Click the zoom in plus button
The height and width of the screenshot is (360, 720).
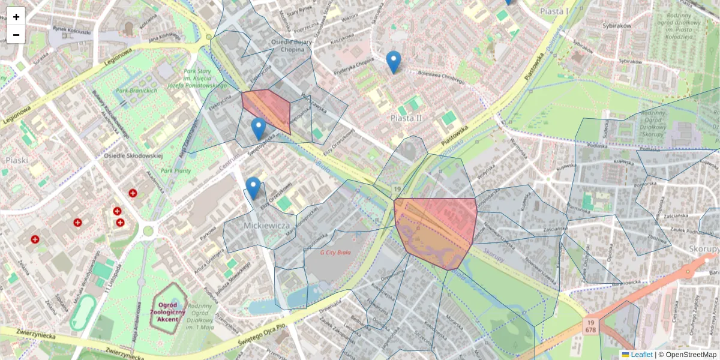(x=16, y=16)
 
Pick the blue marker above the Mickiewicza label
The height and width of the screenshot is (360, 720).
(x=253, y=188)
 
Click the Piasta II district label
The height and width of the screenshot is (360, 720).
(x=405, y=118)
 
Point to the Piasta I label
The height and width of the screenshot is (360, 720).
(x=554, y=11)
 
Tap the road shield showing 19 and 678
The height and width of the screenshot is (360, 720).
(x=590, y=327)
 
